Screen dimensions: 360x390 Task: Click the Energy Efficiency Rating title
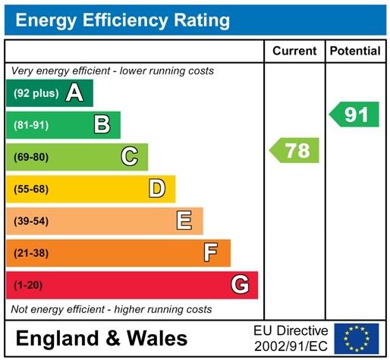(123, 20)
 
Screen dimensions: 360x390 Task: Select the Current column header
(294, 51)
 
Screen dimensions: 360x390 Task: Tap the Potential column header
(355, 51)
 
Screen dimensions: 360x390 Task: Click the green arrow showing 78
(295, 150)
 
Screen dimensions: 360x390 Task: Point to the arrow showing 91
(354, 114)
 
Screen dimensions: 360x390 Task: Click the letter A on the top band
(74, 93)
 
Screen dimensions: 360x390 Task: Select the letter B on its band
(102, 125)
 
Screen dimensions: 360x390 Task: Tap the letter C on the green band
(130, 157)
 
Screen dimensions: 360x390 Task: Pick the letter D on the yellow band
(157, 189)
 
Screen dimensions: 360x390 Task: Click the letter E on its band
(184, 221)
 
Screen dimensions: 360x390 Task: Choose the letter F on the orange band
(211, 252)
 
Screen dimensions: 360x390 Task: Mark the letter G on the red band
(240, 285)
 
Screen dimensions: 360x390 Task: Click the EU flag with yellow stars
(357, 337)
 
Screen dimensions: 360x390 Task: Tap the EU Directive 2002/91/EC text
(291, 338)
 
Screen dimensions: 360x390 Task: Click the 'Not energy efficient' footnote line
(111, 309)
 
